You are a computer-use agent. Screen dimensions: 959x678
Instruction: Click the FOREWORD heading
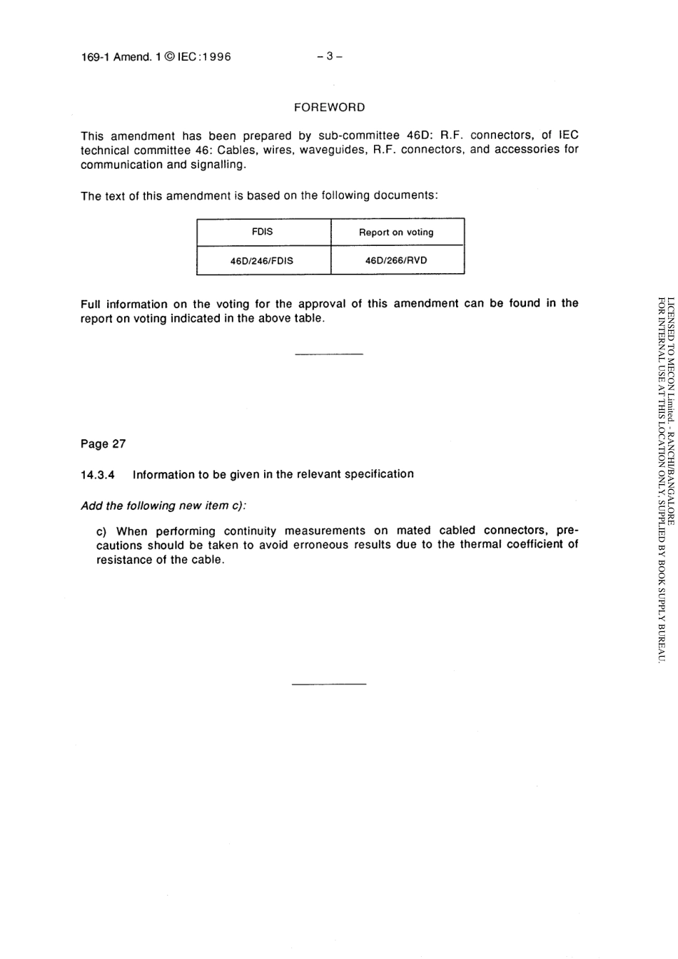[329, 108]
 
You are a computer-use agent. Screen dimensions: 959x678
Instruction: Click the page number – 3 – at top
[330, 57]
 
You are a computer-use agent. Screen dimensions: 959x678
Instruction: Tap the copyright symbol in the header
[168, 57]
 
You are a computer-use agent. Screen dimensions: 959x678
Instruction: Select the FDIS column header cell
[263, 232]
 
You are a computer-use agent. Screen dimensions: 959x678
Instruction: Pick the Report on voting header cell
[396, 232]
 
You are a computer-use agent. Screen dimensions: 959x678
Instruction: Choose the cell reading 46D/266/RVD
[396, 260]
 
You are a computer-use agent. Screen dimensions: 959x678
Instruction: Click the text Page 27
[103, 444]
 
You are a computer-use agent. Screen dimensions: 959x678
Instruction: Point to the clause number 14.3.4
[98, 475]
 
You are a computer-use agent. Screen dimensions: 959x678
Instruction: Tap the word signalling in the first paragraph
[217, 165]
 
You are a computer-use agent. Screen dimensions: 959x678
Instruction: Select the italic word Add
[91, 506]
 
